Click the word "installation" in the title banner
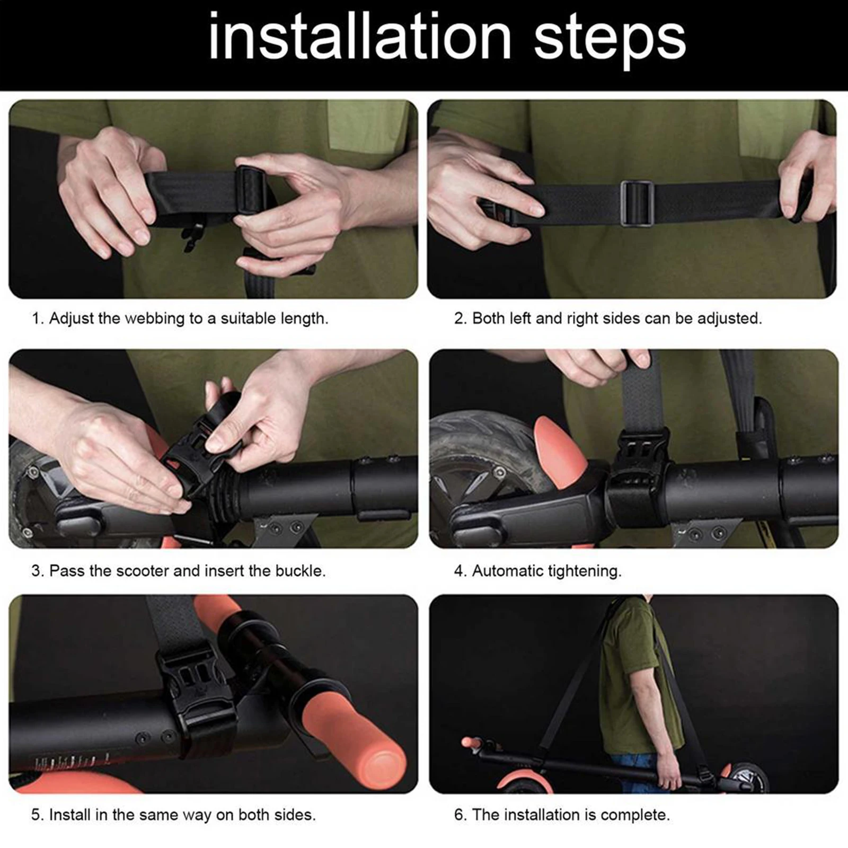pyautogui.click(x=360, y=38)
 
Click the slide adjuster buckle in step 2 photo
pyautogui.click(x=637, y=204)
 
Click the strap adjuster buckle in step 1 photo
pyautogui.click(x=252, y=192)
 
